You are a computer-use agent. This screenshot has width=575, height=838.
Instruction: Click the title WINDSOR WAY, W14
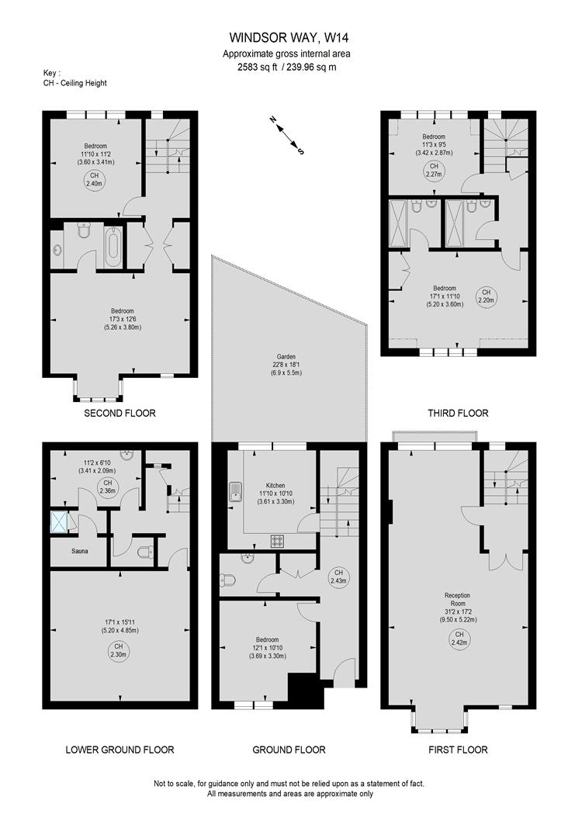coord(286,36)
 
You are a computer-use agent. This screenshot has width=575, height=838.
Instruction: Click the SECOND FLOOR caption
coord(120,414)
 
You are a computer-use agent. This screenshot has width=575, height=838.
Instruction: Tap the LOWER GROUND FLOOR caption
coord(120,750)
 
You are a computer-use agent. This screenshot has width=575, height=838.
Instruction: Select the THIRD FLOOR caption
coord(457,414)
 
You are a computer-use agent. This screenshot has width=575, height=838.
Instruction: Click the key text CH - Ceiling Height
coord(75,83)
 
